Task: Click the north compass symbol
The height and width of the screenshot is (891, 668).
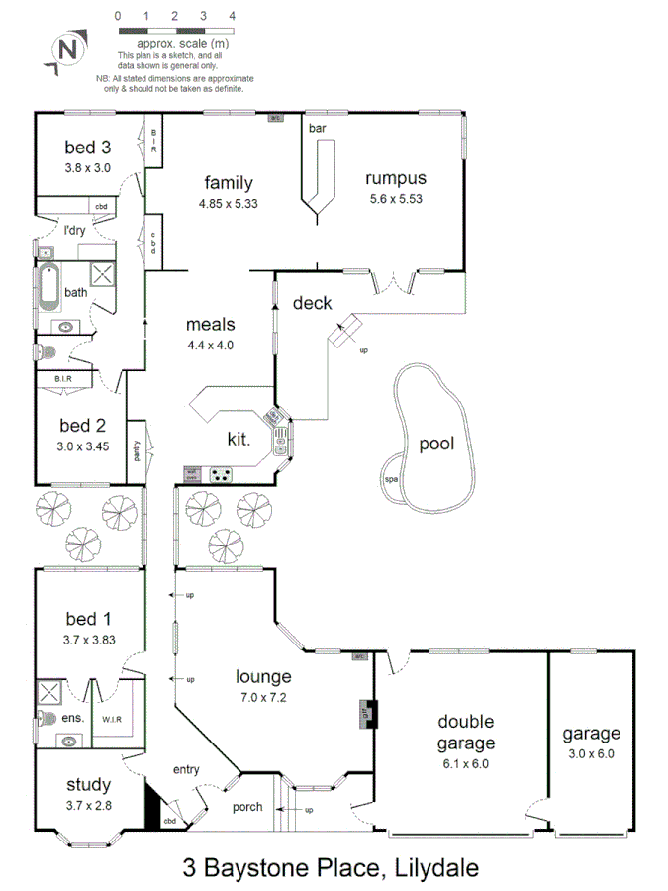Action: (66, 49)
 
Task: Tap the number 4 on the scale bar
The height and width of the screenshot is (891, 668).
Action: (232, 17)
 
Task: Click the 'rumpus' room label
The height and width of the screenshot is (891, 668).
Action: (395, 179)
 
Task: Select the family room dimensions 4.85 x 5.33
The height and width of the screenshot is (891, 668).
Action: (228, 203)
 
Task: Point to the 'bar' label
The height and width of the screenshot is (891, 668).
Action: (317, 129)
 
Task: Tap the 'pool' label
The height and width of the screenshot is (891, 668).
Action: (435, 444)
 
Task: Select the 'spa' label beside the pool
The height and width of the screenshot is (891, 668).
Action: (390, 481)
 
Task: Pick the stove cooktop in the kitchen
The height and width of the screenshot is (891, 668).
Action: (224, 473)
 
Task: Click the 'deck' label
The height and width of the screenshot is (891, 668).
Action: (312, 303)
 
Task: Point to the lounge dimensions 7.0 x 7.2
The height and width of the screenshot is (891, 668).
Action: (262, 698)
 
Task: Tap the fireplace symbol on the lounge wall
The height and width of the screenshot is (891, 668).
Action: (365, 711)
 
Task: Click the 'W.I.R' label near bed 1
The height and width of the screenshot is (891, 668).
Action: (111, 719)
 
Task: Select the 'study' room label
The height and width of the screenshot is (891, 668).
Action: (88, 786)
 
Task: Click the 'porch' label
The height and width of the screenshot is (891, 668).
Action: (247, 807)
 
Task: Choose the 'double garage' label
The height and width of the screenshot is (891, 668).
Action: (465, 732)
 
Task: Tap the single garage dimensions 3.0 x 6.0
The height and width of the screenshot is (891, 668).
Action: (592, 753)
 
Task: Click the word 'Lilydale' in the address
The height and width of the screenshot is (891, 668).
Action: (432, 869)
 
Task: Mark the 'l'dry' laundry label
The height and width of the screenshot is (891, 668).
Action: (72, 231)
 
